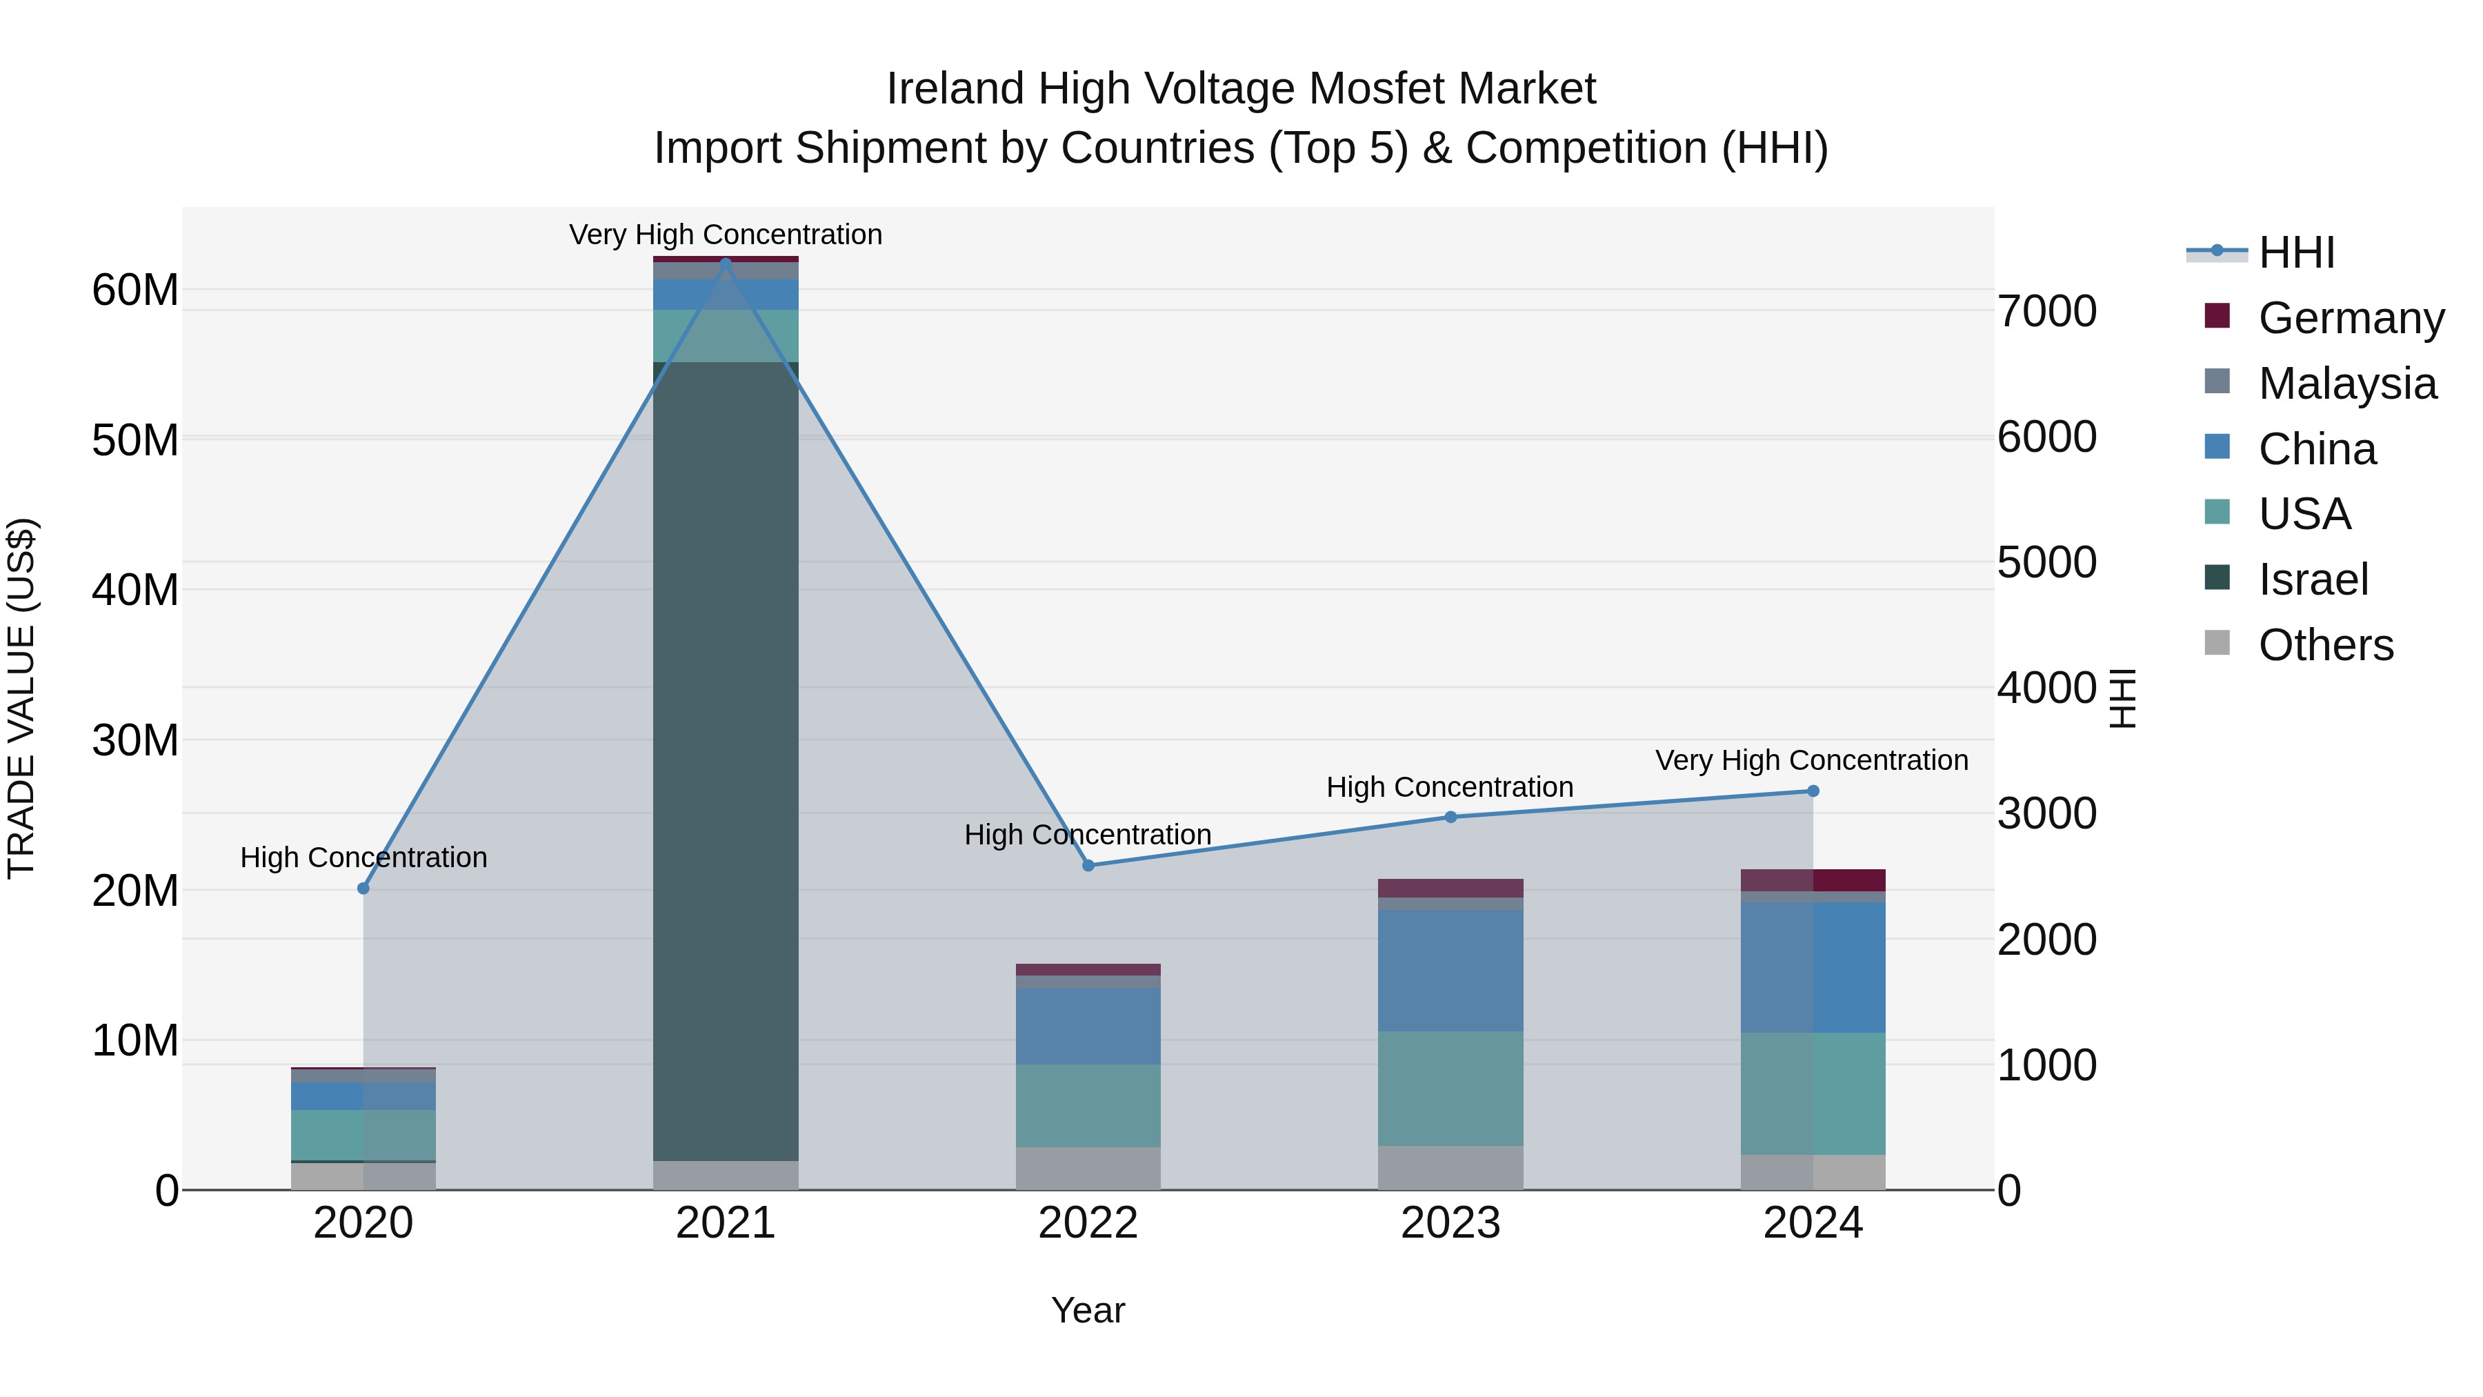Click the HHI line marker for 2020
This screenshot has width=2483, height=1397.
click(x=363, y=888)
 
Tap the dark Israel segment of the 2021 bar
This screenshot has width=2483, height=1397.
click(x=726, y=762)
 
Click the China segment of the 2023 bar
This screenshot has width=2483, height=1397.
click(x=1450, y=970)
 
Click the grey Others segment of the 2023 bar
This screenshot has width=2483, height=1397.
click(x=1450, y=1167)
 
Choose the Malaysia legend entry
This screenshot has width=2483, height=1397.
click(x=2346, y=383)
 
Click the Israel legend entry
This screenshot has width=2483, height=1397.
click(x=2313, y=579)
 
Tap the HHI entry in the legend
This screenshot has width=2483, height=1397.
click(x=2296, y=252)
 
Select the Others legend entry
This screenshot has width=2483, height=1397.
click(x=2325, y=645)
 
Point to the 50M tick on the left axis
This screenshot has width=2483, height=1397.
click(x=135, y=439)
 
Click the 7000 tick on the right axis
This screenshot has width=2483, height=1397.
click(x=2046, y=310)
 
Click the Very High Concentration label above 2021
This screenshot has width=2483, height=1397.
click(x=725, y=235)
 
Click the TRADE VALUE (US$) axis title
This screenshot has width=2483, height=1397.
click(x=21, y=698)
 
